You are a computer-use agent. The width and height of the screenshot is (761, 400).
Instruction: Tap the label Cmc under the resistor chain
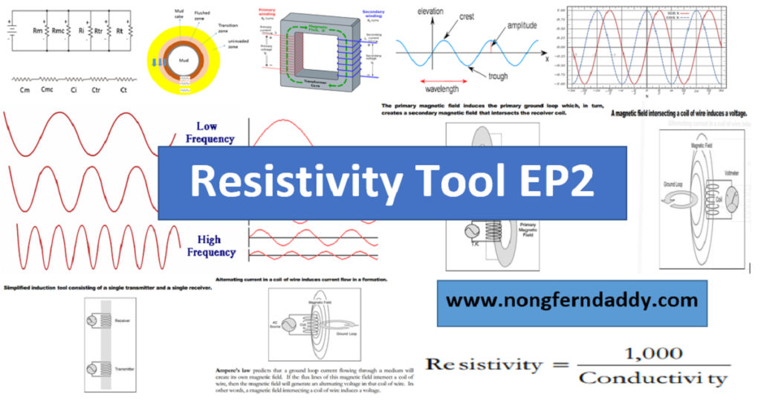(47, 91)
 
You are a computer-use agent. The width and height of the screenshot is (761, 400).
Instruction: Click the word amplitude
(525, 25)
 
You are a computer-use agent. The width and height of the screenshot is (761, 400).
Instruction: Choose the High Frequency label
(216, 246)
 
